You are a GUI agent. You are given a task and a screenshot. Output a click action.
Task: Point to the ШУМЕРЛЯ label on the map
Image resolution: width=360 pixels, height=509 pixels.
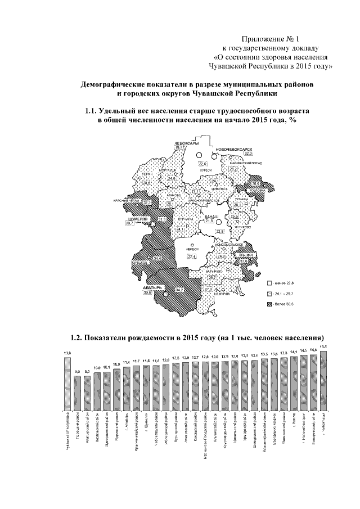point(138,218)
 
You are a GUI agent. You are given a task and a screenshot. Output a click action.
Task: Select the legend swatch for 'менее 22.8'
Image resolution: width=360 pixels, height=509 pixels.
point(270,283)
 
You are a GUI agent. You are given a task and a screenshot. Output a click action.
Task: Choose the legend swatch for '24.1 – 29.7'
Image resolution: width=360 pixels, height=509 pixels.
point(270,294)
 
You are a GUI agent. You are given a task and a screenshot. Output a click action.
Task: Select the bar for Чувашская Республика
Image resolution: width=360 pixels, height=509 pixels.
point(68,382)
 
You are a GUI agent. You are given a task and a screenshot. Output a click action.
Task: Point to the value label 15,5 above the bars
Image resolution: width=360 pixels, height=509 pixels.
point(323,347)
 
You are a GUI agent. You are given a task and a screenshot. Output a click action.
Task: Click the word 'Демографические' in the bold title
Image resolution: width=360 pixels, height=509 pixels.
point(111,84)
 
